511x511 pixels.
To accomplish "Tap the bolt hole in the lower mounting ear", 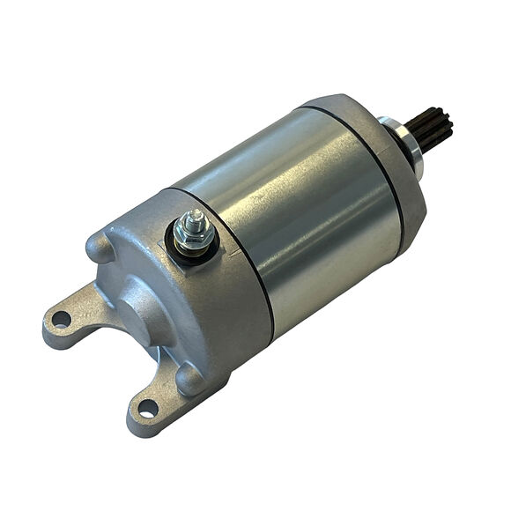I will [147, 408].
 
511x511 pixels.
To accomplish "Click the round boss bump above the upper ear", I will [99, 247].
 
